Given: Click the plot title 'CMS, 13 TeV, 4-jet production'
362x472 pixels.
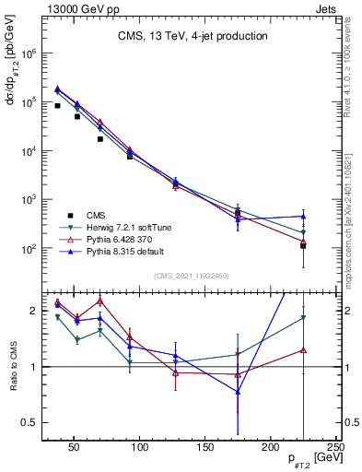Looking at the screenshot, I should coord(193,37).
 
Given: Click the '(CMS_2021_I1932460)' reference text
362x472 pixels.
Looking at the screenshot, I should coord(193,275).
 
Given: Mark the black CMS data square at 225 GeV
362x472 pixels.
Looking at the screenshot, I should coord(303,246).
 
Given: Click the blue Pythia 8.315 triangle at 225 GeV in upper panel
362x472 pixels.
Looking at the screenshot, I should coord(303,217).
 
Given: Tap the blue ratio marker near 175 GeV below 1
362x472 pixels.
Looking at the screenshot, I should coord(238,392).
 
